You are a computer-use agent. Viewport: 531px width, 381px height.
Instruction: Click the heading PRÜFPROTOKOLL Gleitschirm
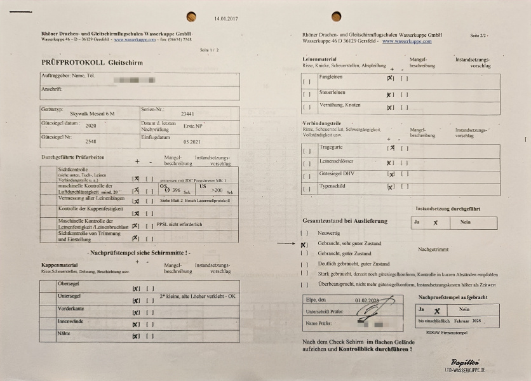(x=91, y=63)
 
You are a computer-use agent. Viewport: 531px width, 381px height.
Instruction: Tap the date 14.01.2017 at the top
(x=227, y=18)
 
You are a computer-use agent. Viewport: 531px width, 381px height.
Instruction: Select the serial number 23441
(x=188, y=114)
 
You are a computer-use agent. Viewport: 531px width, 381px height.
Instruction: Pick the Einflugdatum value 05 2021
(x=192, y=142)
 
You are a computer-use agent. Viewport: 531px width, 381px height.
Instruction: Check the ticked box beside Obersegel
(x=136, y=289)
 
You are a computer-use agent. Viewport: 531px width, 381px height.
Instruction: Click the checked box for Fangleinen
(x=390, y=79)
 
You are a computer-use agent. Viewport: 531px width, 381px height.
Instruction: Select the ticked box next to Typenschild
(x=391, y=187)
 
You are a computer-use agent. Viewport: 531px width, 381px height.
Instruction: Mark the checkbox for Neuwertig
(x=304, y=233)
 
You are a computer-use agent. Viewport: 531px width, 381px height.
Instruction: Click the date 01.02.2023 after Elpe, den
(x=367, y=300)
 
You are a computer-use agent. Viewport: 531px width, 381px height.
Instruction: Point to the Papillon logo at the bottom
(x=466, y=360)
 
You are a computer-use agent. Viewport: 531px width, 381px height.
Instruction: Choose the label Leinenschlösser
(x=337, y=162)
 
